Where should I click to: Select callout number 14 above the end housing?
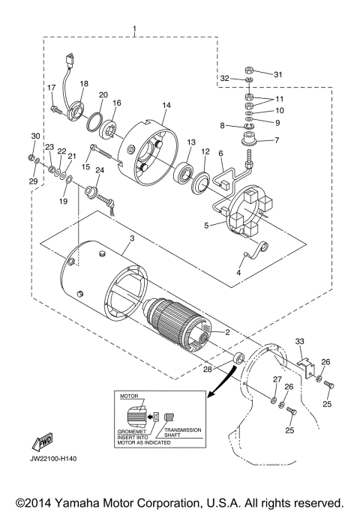tap(166, 105)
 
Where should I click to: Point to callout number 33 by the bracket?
tap(301, 341)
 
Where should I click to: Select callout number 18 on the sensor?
tap(84, 84)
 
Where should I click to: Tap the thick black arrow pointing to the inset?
tap(220, 385)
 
